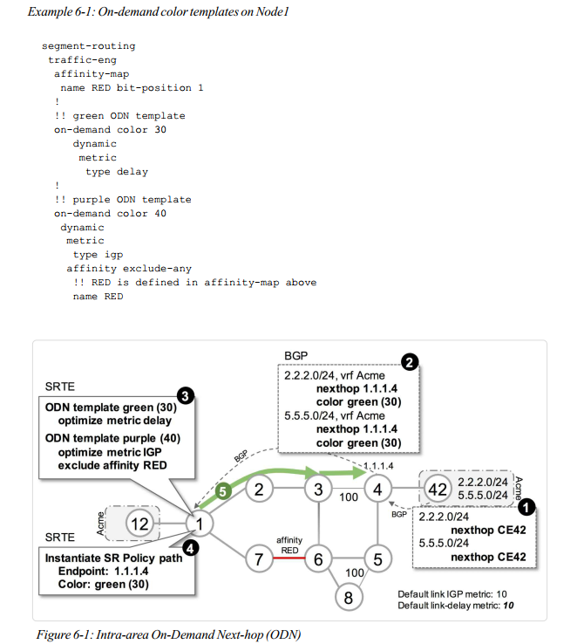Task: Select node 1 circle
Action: (200, 524)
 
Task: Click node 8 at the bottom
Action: (349, 599)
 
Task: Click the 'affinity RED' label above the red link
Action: (290, 545)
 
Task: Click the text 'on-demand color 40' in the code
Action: (110, 214)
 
